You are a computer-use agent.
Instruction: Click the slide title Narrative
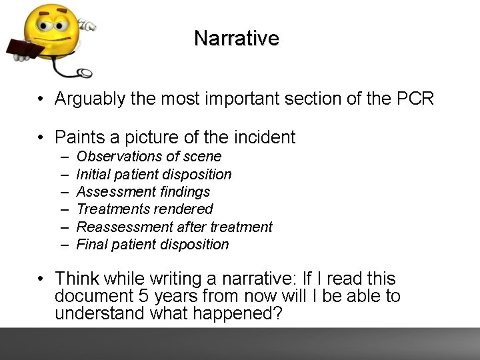[x=236, y=38]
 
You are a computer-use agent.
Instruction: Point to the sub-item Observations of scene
[x=149, y=157]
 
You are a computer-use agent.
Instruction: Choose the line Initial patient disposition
[x=154, y=175]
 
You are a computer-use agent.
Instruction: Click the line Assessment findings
[x=143, y=192]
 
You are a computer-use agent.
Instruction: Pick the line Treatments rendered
[x=145, y=209]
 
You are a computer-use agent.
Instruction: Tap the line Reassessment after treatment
[x=175, y=227]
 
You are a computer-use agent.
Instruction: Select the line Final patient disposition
[x=153, y=245]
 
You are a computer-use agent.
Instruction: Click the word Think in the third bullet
[x=76, y=279]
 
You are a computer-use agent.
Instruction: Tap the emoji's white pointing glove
[x=86, y=25]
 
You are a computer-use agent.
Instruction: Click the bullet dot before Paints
[x=41, y=138]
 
